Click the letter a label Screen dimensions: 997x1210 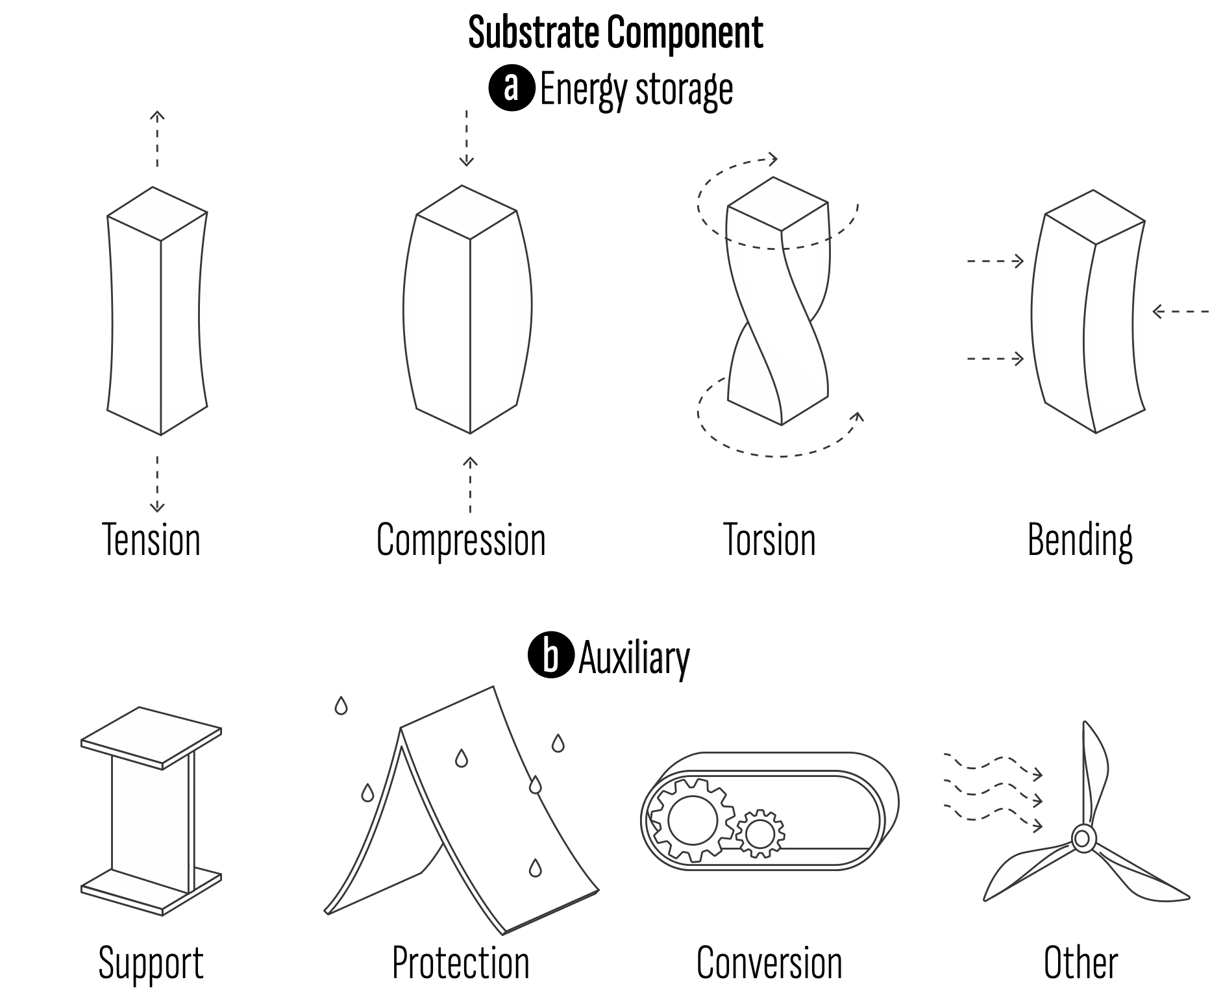click(x=511, y=87)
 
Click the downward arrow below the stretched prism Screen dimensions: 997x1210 click(x=157, y=484)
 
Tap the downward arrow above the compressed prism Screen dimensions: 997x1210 click(x=467, y=138)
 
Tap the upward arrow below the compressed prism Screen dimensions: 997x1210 click(x=470, y=484)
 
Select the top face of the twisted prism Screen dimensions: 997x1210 click(x=778, y=204)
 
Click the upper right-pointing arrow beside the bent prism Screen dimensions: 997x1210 click(x=995, y=261)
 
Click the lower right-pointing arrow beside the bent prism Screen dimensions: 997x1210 click(x=995, y=358)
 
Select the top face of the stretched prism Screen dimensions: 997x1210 click(x=156, y=214)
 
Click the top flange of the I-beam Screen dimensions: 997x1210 click(x=151, y=737)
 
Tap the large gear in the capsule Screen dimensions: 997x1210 click(x=692, y=820)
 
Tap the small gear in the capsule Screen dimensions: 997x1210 click(x=759, y=833)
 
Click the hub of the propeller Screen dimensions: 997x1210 click(x=1081, y=839)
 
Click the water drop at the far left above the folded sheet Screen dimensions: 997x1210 click(x=341, y=706)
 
